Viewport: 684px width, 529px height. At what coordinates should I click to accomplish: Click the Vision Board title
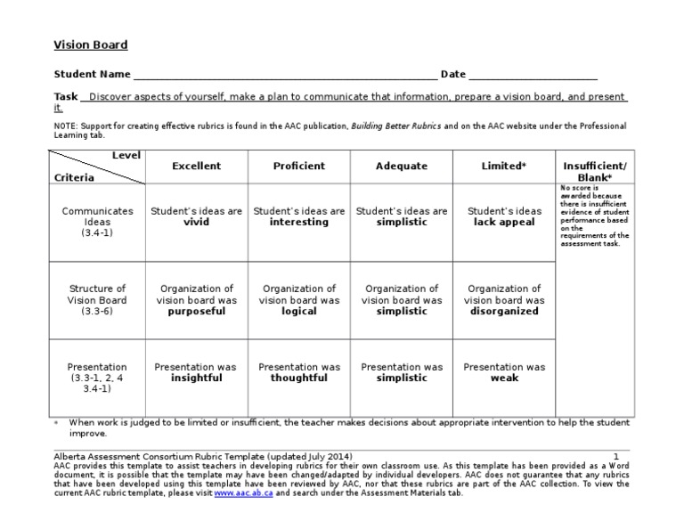click(91, 45)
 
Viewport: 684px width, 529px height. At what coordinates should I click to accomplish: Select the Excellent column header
click(196, 167)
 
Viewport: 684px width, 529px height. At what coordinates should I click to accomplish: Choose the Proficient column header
click(298, 167)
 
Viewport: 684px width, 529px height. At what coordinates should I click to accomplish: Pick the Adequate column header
click(402, 167)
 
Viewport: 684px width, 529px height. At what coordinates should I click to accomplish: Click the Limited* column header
click(504, 167)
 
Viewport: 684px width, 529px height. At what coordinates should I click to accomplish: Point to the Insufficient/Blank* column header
click(594, 172)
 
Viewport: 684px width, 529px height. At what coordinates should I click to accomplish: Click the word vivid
click(196, 223)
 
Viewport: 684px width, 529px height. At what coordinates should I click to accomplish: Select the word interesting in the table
click(298, 223)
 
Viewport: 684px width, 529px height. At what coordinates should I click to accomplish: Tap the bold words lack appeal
click(504, 223)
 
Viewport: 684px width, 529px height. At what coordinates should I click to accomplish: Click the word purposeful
click(196, 313)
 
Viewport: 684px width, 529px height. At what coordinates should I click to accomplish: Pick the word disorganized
click(504, 313)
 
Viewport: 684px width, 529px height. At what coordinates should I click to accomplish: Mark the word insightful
click(196, 378)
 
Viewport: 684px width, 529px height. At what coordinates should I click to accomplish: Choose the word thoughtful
click(298, 378)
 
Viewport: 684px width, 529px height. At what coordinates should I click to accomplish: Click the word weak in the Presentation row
click(504, 378)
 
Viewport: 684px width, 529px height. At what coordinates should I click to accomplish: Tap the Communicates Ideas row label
click(98, 222)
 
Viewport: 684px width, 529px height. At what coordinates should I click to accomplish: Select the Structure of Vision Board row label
click(98, 300)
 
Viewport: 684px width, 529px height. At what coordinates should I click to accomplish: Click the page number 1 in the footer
click(615, 456)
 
